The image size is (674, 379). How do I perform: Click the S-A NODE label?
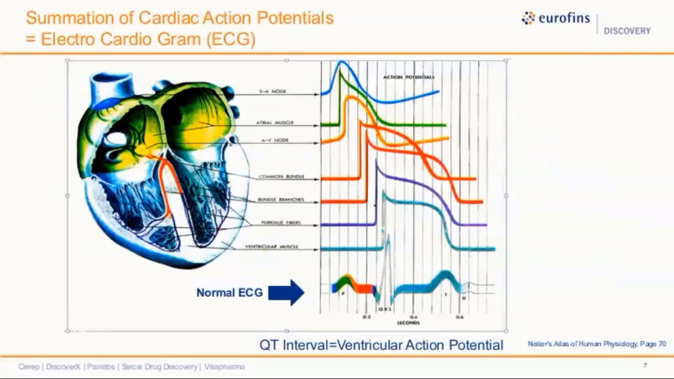pyautogui.click(x=272, y=92)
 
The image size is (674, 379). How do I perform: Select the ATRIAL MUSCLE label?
pyautogui.click(x=274, y=123)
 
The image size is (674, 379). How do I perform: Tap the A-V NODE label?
pyautogui.click(x=274, y=141)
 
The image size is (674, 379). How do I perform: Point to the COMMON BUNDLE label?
pyautogui.click(x=281, y=177)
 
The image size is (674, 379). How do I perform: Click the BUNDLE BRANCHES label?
pyautogui.click(x=281, y=200)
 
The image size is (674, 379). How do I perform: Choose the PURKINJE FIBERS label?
pyautogui.click(x=281, y=223)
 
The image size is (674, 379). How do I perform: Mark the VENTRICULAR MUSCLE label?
pyautogui.click(x=271, y=247)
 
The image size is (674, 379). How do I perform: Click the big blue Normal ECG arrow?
pyautogui.click(x=286, y=292)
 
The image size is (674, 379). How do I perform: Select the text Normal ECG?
pyautogui.click(x=229, y=293)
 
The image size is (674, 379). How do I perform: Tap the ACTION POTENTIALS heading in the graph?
pyautogui.click(x=409, y=77)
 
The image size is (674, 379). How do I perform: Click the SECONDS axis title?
pyautogui.click(x=408, y=323)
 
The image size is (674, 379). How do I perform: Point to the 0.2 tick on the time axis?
pyautogui.click(x=367, y=317)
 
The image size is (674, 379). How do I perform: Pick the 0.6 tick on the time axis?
pyautogui.click(x=460, y=317)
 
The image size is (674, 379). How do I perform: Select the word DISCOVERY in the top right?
pyautogui.click(x=627, y=31)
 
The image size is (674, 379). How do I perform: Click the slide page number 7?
pyautogui.click(x=645, y=365)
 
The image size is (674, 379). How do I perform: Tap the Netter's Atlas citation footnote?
pyautogui.click(x=597, y=344)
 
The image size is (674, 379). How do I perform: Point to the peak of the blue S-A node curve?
pyautogui.click(x=342, y=63)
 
